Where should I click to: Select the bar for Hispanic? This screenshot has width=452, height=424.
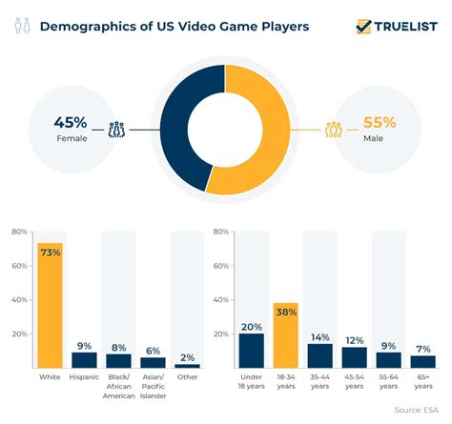85,359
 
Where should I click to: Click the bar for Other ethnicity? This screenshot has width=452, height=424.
187,365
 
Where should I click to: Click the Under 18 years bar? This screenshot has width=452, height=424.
252,350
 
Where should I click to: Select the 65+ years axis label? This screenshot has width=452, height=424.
423,382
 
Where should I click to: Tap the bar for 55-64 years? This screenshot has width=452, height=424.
389,359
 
